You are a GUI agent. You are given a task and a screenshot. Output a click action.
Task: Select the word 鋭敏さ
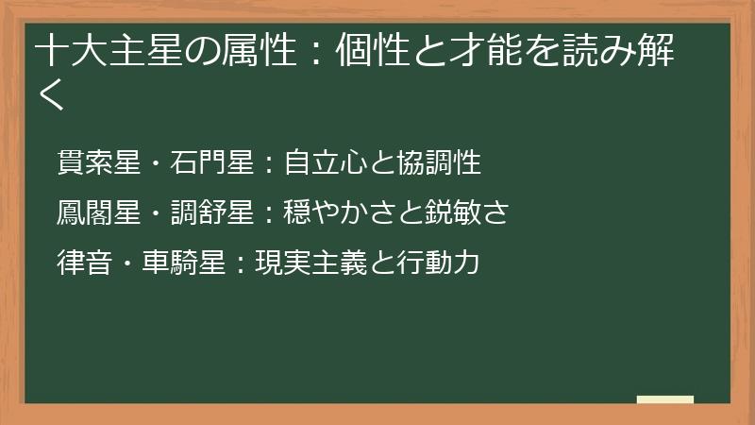coord(468,212)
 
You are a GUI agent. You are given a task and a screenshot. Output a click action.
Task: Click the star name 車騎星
coord(185,263)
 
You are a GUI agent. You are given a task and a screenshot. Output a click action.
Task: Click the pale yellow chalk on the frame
coord(664,400)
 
